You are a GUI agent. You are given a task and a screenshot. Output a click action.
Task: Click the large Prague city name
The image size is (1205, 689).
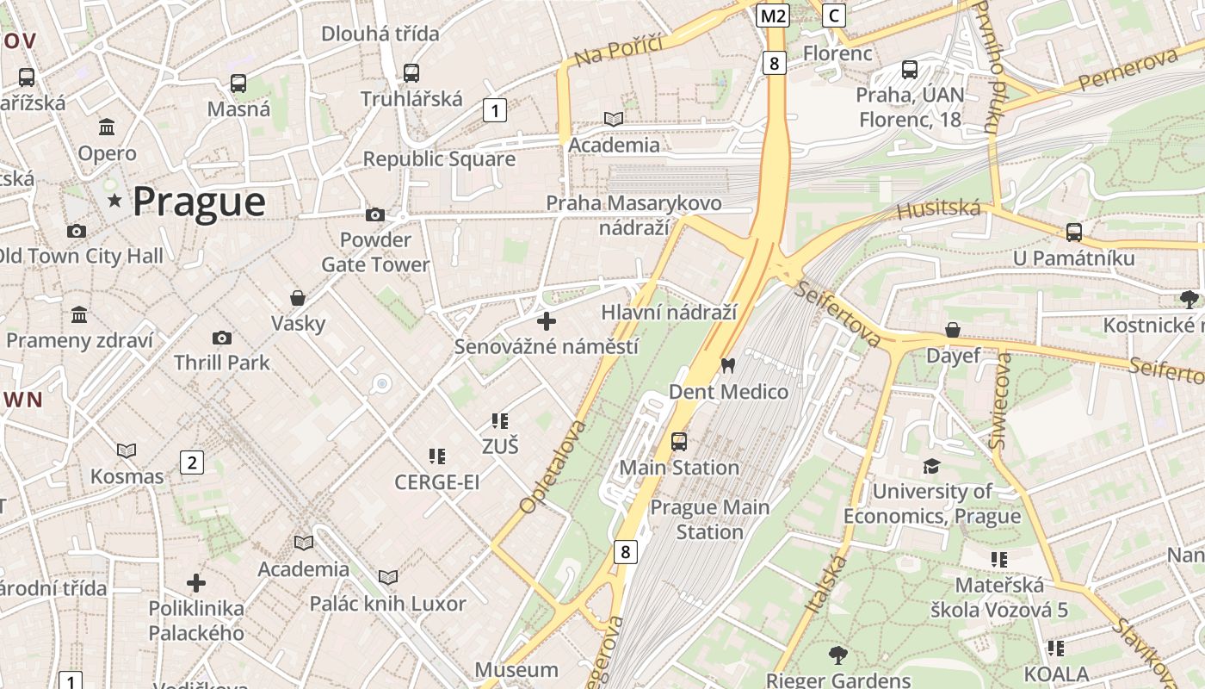point(199,202)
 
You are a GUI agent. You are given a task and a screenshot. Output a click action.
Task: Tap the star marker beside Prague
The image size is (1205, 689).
point(114,201)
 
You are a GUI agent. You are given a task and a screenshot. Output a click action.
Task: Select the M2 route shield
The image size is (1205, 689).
point(773,16)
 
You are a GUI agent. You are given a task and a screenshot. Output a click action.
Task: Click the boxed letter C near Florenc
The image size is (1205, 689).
point(833,16)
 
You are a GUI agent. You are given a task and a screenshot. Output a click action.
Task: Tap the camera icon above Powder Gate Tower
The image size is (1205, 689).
point(375,214)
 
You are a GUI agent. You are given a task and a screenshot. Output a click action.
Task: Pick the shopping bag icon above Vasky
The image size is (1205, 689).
point(298,298)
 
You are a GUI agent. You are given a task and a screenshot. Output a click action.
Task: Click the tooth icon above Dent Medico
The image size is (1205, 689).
point(728,366)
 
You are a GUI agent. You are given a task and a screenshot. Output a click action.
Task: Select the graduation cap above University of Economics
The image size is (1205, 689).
point(931,466)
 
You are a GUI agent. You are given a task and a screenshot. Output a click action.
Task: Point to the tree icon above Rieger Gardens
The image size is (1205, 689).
point(837,655)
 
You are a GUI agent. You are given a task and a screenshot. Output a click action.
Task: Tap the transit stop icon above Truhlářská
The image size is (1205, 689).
point(411,73)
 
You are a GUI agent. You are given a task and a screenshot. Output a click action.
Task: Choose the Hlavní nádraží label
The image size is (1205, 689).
point(669,313)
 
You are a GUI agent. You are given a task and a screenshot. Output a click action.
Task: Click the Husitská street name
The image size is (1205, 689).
point(938,209)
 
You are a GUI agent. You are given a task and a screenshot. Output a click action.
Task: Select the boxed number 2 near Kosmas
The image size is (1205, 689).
point(191,462)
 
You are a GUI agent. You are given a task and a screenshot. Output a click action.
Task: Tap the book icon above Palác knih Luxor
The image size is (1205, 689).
point(388,577)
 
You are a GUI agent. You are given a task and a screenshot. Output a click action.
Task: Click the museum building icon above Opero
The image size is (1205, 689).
point(107,127)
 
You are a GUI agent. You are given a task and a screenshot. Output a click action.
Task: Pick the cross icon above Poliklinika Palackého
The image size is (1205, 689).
point(196,583)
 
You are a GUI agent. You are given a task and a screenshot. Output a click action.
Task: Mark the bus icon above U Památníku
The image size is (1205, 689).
point(1073,232)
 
